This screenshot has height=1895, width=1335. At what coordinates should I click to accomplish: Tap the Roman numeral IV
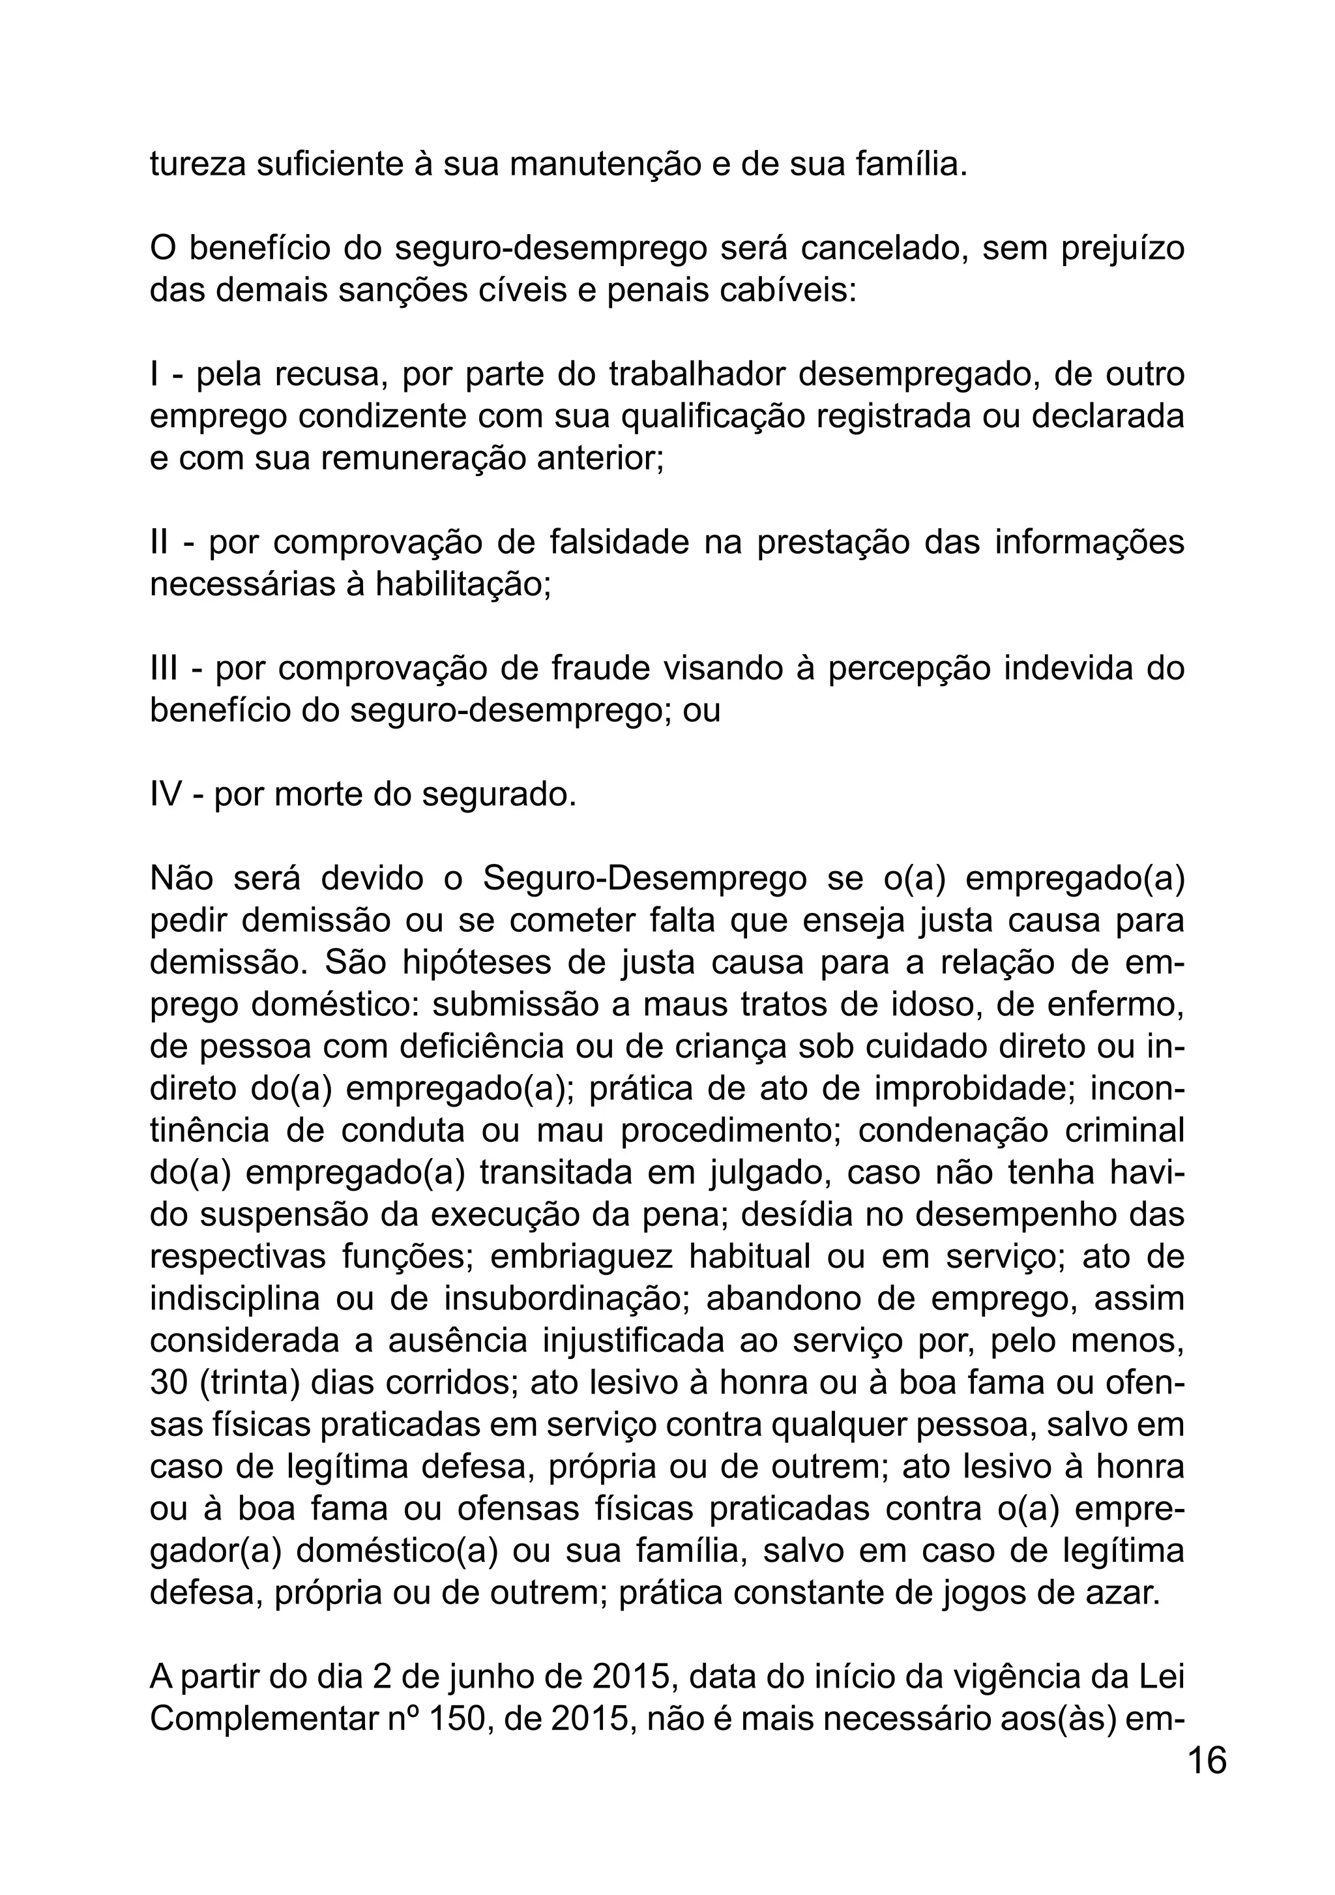[x=165, y=794]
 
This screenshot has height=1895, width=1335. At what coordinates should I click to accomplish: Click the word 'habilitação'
[x=462, y=584]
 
